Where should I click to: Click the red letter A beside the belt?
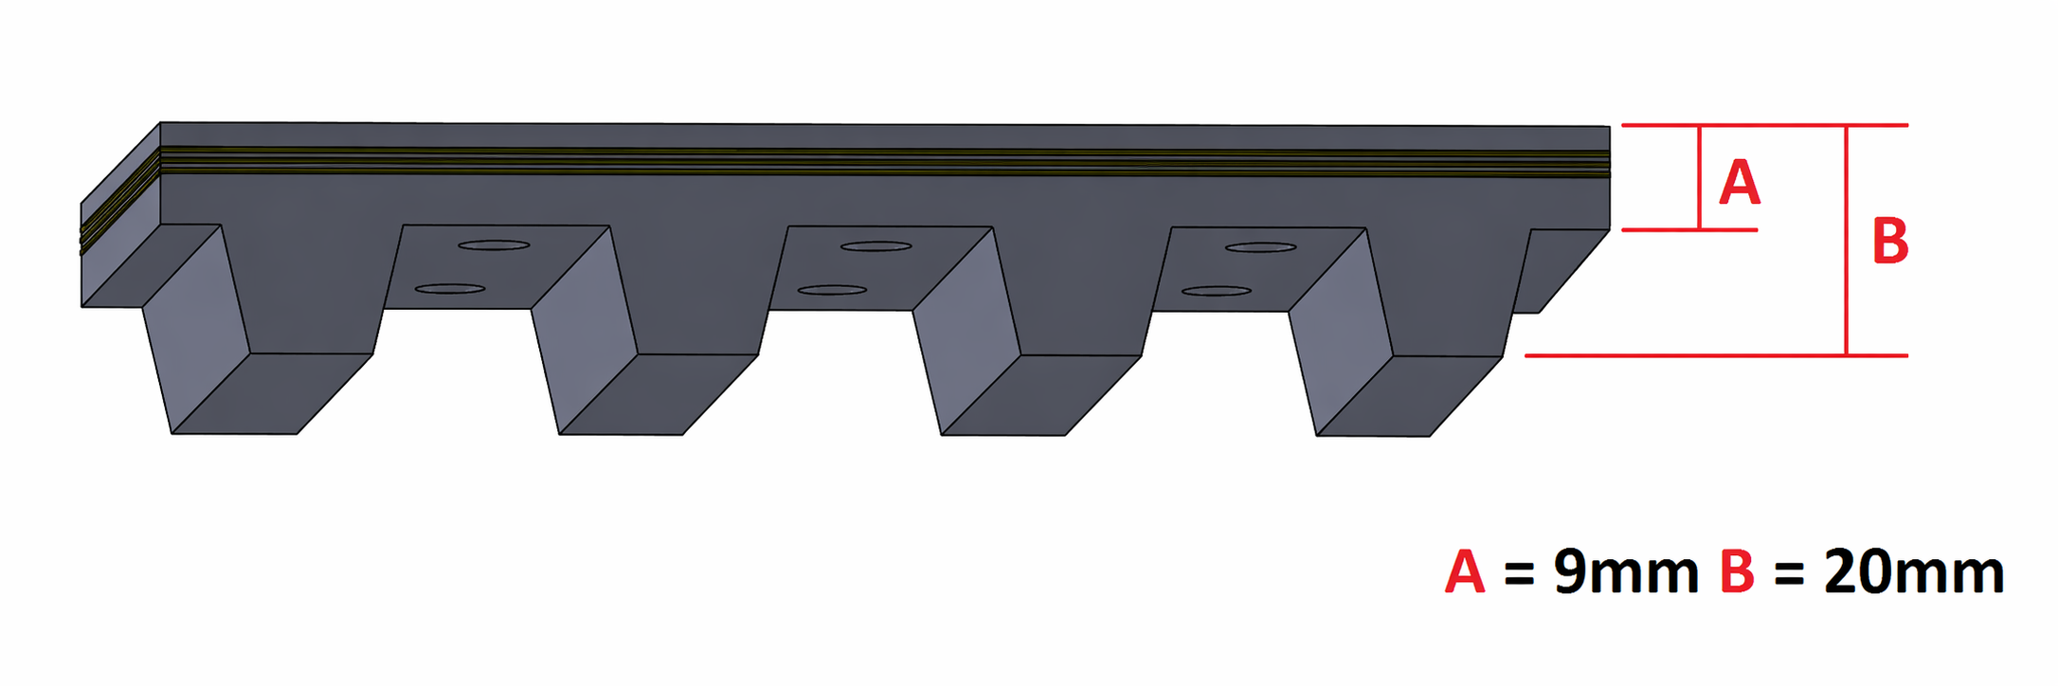(1739, 183)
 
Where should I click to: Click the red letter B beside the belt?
(1890, 242)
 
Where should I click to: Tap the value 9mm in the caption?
(1626, 572)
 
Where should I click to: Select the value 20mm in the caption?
(1913, 572)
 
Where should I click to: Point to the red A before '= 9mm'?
(1465, 572)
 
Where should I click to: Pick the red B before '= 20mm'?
(1737, 572)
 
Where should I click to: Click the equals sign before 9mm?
(1519, 574)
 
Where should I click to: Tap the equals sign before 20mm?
(1789, 574)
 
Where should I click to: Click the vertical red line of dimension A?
(1700, 177)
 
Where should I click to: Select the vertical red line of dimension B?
(1847, 241)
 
